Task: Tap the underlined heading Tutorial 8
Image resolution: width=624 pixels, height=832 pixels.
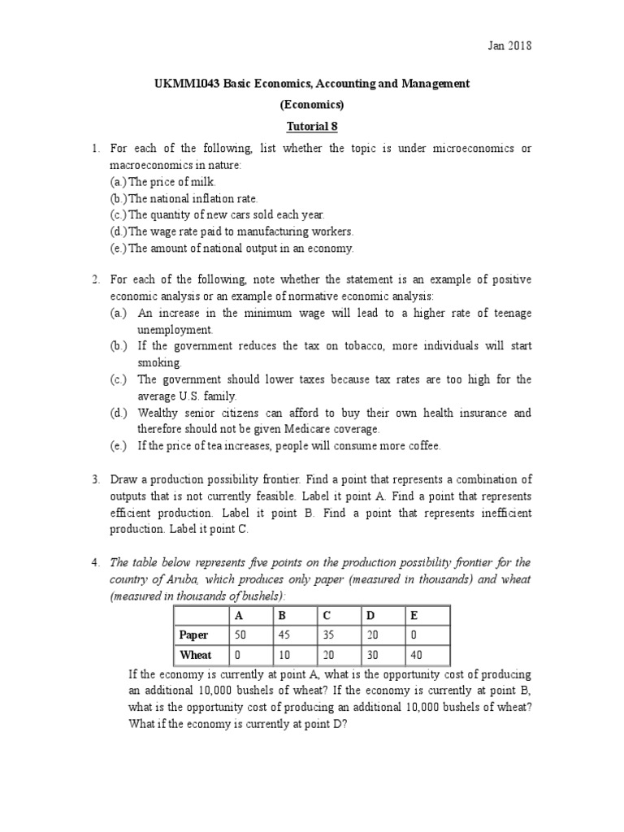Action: tap(311, 126)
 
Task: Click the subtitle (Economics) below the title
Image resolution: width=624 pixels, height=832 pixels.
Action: tap(311, 105)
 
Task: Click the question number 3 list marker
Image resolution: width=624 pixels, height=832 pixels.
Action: tap(95, 479)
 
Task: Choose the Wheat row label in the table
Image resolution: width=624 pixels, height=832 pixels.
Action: tap(195, 655)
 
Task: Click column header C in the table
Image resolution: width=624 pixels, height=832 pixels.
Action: tap(323, 616)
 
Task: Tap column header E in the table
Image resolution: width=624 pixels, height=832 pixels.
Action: tap(414, 616)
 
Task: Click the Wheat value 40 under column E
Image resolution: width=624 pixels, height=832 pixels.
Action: tap(418, 655)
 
